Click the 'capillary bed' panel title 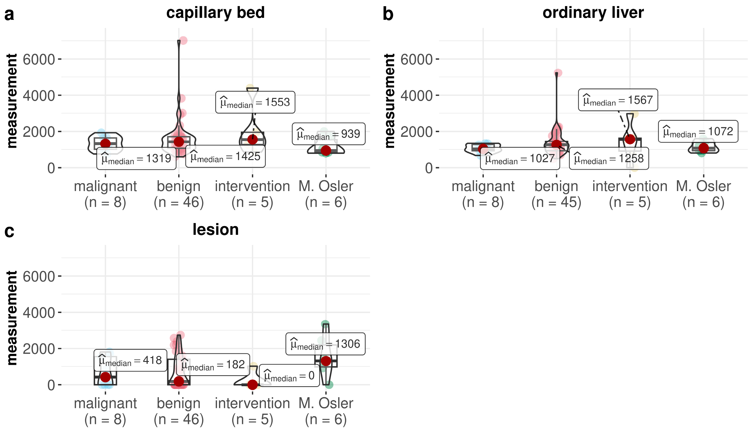point(215,13)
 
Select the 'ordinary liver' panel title point(593,13)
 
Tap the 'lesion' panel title point(215,229)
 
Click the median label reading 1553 point(255,102)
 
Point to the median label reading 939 point(328,134)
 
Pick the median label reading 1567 point(618,100)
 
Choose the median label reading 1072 point(698,131)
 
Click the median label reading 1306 point(325,344)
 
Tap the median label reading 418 point(130,360)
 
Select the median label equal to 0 point(289,376)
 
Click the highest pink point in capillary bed point(183,40)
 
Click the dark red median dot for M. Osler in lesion point(326,361)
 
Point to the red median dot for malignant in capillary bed point(106,143)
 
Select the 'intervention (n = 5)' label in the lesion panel point(252,411)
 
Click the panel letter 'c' point(9,231)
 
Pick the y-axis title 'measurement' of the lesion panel point(12,318)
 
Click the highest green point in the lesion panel point(325,324)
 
